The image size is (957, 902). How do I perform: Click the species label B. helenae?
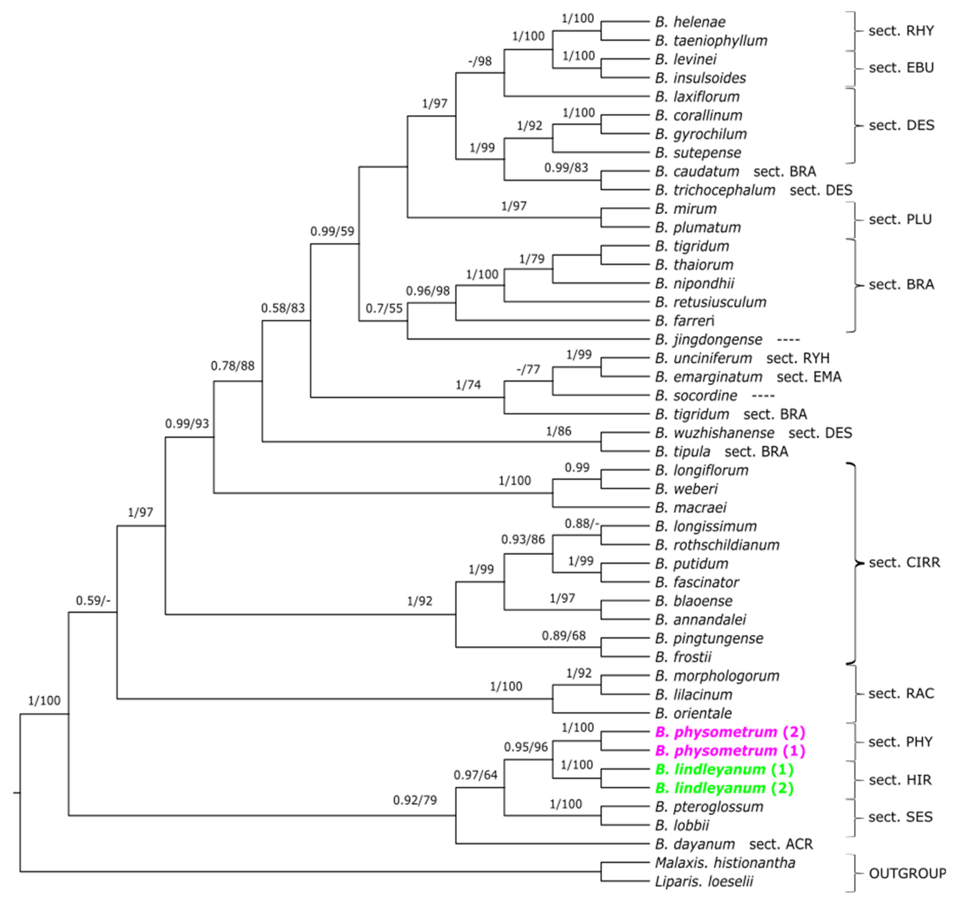(x=690, y=22)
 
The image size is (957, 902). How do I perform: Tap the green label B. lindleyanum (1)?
(x=724, y=769)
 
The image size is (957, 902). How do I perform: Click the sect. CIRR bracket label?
(x=904, y=562)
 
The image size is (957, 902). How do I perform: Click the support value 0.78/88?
(x=233, y=366)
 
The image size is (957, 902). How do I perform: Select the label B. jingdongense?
(x=708, y=340)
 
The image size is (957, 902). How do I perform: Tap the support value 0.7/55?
(x=384, y=308)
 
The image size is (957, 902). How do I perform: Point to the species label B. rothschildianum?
(x=717, y=545)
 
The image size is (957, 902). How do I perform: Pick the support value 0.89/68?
(x=564, y=636)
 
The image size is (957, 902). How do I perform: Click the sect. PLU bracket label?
(x=900, y=220)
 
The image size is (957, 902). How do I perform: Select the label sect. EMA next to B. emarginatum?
(x=809, y=377)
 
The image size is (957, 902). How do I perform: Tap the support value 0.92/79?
(x=415, y=800)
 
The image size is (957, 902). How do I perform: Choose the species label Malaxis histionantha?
(x=724, y=863)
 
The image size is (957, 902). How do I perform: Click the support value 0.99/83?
(x=566, y=168)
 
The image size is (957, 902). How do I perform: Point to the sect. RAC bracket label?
(x=901, y=694)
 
